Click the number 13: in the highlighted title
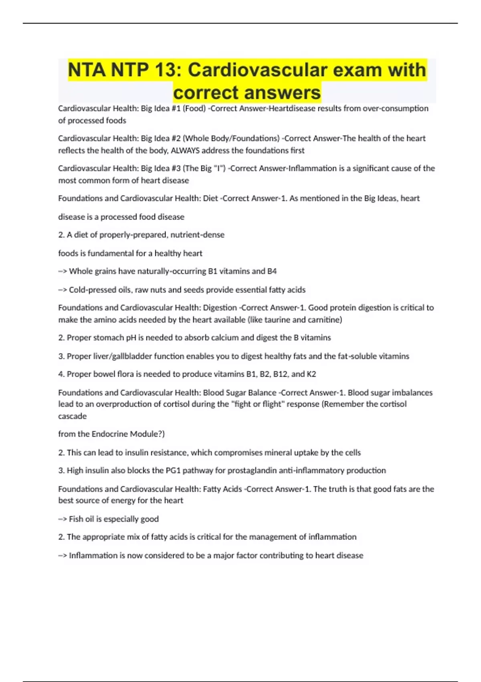point(166,70)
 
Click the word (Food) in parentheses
point(194,108)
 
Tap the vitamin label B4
point(272,271)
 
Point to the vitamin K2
point(311,374)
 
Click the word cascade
point(72,416)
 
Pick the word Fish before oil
point(76,519)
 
